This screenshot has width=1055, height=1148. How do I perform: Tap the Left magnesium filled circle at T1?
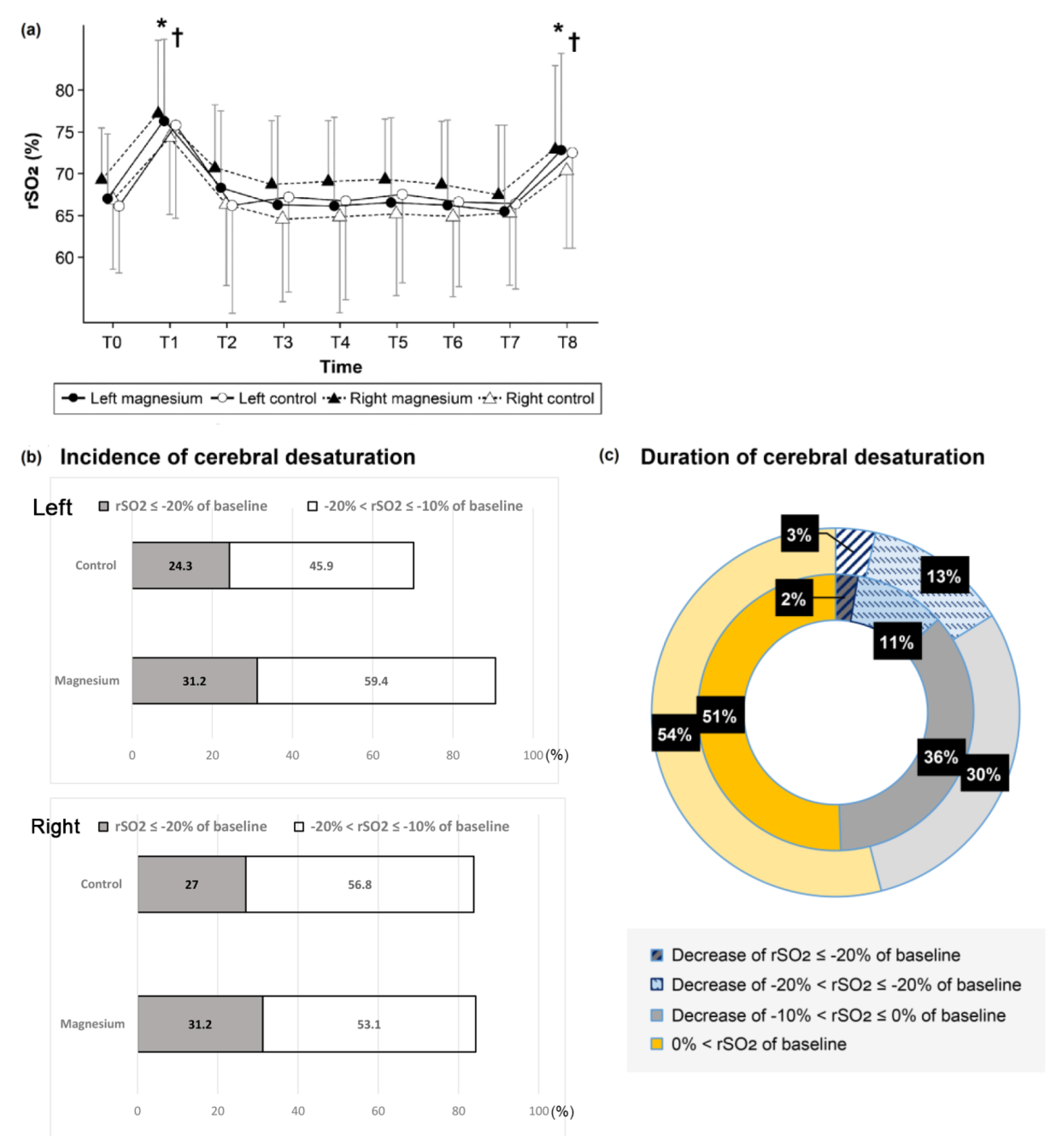(164, 121)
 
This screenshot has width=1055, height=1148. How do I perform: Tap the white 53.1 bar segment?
(369, 1024)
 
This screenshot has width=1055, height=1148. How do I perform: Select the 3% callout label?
(799, 535)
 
